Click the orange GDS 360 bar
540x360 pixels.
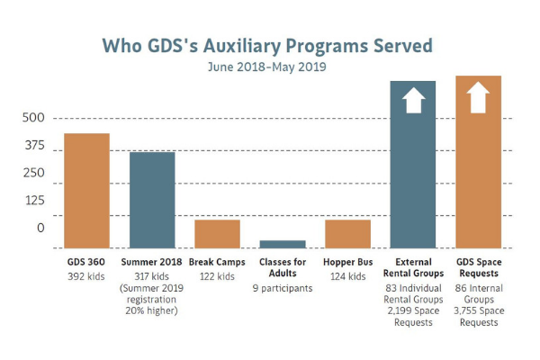pyautogui.click(x=86, y=190)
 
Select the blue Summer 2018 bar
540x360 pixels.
pyautogui.click(x=152, y=199)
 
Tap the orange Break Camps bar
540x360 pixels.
pyautogui.click(x=217, y=233)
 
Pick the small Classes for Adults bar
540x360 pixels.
pyautogui.click(x=283, y=244)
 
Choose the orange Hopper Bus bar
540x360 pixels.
pyautogui.click(x=347, y=233)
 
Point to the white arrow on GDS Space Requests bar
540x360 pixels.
pyautogui.click(x=478, y=96)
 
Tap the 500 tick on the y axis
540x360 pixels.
pyautogui.click(x=33, y=118)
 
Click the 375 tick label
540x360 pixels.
pyautogui.click(x=33, y=146)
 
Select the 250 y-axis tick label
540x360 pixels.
pyautogui.click(x=33, y=173)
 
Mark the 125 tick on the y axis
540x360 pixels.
pyautogui.click(x=33, y=200)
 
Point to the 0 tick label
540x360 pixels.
pyautogui.click(x=40, y=228)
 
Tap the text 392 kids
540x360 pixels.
pyautogui.click(x=87, y=275)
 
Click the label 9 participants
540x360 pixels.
pyautogui.click(x=283, y=288)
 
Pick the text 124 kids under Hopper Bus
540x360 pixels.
pyautogui.click(x=348, y=275)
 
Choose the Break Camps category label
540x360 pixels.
pyautogui.click(x=217, y=262)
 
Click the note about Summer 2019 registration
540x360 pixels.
pyautogui.click(x=152, y=299)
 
